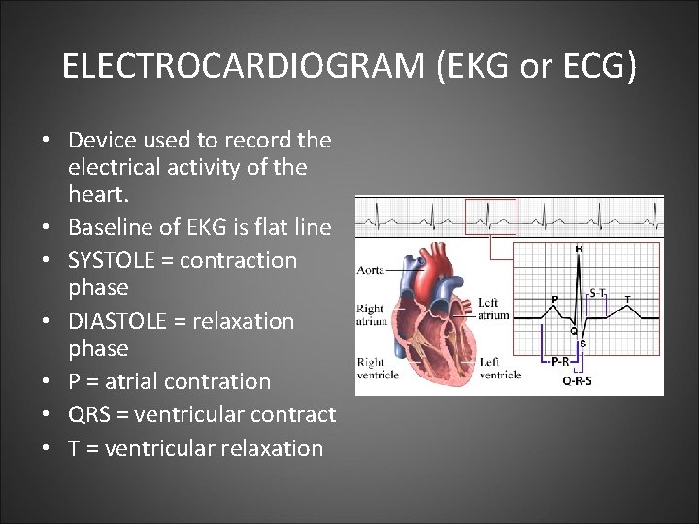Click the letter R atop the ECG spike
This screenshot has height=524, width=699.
(x=580, y=249)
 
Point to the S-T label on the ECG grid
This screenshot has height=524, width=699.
(x=599, y=291)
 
